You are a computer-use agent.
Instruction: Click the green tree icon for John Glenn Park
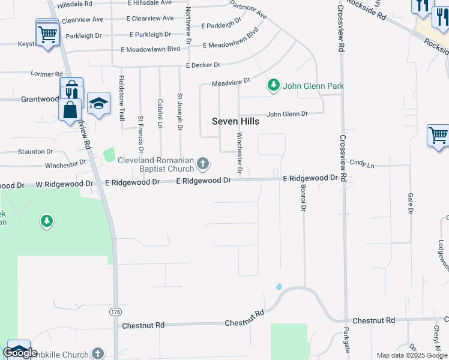(274, 86)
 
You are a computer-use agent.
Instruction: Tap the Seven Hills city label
(236, 121)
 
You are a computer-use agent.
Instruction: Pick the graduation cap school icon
(98, 103)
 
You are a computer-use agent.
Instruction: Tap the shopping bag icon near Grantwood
(70, 110)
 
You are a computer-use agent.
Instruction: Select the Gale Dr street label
(411, 203)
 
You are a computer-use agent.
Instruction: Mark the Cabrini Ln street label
(160, 113)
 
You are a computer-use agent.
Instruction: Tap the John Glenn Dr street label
(287, 114)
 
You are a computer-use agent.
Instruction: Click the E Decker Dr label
(203, 65)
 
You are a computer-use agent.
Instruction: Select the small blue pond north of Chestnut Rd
(279, 287)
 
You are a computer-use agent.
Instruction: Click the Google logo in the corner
(20, 353)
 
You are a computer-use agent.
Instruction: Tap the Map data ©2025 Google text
(412, 355)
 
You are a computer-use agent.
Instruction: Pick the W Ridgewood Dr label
(65, 184)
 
